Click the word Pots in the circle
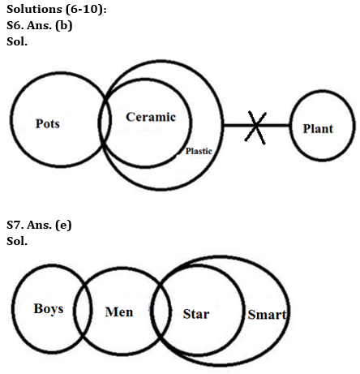click(48, 124)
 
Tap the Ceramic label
click(151, 117)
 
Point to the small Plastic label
click(198, 151)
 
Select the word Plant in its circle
click(317, 128)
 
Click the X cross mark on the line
click(255, 127)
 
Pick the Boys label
click(48, 309)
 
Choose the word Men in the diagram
click(119, 312)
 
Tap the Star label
click(195, 313)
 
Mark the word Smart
click(268, 314)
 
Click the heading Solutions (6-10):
click(54, 8)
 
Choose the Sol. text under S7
click(16, 241)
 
